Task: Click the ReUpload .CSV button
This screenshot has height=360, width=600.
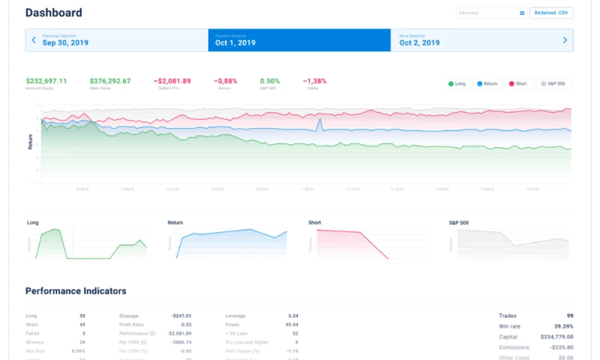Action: click(551, 13)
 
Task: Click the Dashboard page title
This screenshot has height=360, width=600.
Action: click(54, 13)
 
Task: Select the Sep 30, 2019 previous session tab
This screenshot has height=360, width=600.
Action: click(116, 40)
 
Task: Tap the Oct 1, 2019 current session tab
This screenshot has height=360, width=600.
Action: click(299, 40)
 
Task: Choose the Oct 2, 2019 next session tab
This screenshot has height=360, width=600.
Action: click(480, 40)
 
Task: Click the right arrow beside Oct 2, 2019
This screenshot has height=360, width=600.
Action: click(565, 40)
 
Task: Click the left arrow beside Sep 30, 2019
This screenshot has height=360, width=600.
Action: click(33, 40)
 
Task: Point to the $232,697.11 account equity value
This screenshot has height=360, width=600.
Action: click(46, 81)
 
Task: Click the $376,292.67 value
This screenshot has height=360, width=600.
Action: click(110, 81)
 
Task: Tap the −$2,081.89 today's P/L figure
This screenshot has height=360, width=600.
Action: click(172, 81)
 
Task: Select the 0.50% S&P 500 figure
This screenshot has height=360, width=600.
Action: click(270, 81)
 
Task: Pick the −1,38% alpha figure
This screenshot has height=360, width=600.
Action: click(315, 81)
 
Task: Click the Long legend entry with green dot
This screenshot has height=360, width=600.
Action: click(457, 83)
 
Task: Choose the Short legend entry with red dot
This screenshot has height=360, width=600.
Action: click(517, 83)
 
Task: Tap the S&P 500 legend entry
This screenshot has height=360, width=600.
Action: click(553, 83)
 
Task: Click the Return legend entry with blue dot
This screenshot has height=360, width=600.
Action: click(487, 83)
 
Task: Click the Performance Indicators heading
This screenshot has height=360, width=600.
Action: click(76, 291)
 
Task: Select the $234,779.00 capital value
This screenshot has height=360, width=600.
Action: click(557, 337)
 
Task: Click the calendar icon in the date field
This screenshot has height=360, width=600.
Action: click(522, 13)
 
